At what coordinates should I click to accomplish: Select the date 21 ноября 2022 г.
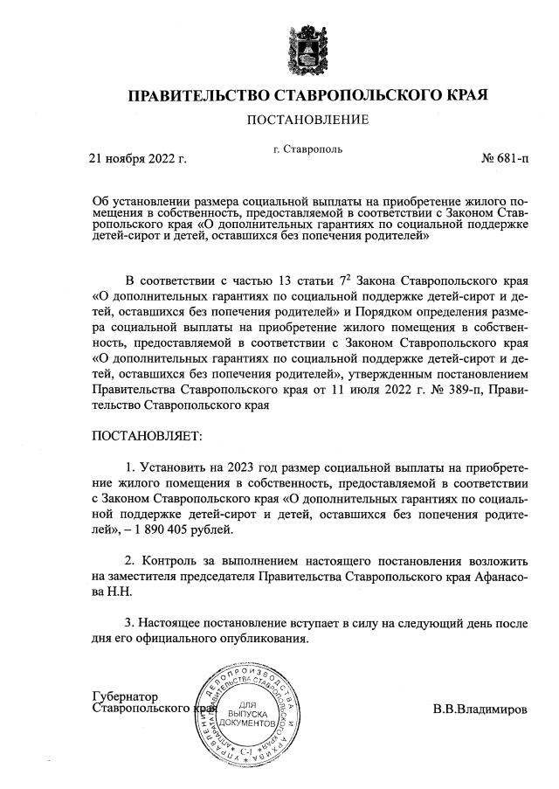point(139,158)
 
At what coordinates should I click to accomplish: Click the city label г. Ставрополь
point(307,149)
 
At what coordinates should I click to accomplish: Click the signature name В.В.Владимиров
point(480,709)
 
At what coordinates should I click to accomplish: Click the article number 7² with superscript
point(342,280)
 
